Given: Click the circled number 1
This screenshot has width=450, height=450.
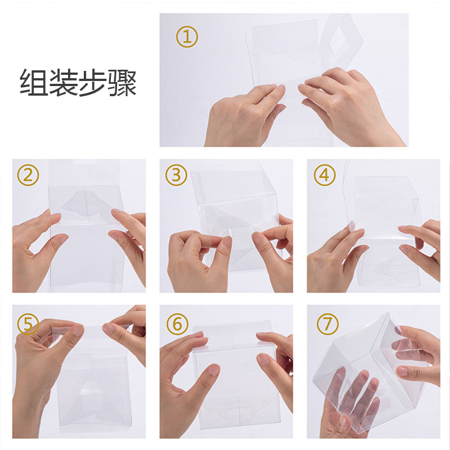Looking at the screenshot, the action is (x=187, y=37).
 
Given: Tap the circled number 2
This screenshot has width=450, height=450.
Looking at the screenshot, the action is (x=28, y=175).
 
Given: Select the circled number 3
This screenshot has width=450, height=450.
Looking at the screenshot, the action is (x=176, y=175).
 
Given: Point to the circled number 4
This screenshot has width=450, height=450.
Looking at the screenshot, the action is (x=325, y=175).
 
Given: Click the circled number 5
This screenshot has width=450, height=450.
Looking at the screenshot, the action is (x=28, y=324).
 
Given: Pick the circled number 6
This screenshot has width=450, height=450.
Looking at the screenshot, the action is (x=177, y=324).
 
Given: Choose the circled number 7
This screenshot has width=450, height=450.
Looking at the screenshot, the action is (x=327, y=324).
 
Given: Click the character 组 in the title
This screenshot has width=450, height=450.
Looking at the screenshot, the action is (x=33, y=82).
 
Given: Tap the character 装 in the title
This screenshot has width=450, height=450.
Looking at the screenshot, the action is (x=63, y=82).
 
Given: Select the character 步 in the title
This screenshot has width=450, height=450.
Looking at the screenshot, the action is (x=92, y=82).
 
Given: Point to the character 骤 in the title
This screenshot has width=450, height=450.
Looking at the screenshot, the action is (x=122, y=82).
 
